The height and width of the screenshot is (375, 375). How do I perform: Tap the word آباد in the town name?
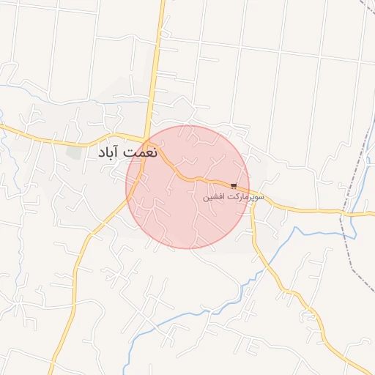(x=108, y=155)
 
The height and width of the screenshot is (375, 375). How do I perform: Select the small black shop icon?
(x=234, y=186)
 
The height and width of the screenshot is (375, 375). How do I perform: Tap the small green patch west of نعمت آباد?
(x=74, y=152)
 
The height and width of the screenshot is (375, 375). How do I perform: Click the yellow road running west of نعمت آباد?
(x=44, y=137)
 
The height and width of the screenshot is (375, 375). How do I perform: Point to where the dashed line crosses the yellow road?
(x=341, y=213)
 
